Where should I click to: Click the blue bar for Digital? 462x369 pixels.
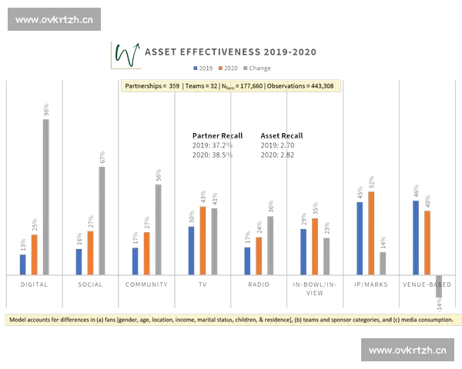23,263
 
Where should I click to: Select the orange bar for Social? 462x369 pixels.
90,251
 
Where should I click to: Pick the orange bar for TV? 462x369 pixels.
203,239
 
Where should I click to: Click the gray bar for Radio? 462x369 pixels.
270,244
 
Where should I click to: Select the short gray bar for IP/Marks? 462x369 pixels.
382,262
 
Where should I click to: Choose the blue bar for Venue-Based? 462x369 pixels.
416,235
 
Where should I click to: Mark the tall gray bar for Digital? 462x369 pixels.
45,195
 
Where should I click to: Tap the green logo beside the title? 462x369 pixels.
126,54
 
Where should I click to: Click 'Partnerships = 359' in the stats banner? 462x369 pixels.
152,86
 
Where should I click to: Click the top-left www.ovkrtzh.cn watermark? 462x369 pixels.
55,19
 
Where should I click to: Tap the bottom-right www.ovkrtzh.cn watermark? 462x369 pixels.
407,351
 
